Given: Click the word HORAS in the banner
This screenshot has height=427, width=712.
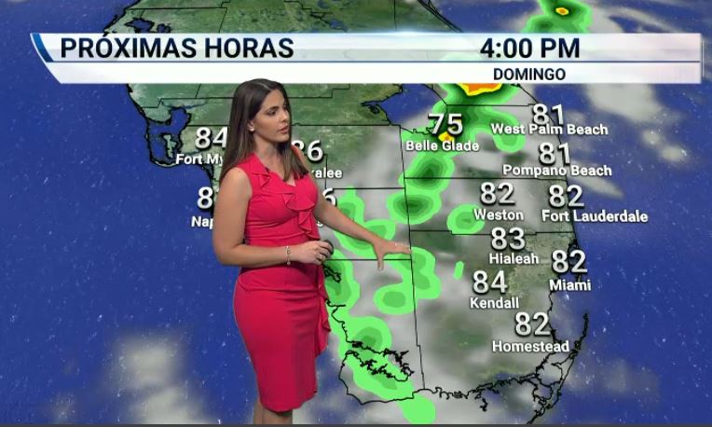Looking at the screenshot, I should [247, 48].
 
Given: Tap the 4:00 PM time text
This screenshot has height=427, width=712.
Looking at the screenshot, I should [529, 48].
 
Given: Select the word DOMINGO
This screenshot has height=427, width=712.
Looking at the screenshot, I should [529, 74].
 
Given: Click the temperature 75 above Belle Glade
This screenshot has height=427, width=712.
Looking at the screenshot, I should [445, 124].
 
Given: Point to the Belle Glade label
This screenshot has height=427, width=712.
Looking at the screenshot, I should [442, 145].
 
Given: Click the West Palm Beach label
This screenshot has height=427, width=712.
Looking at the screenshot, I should [549, 130].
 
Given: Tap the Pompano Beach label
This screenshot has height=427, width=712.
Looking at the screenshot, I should [557, 171].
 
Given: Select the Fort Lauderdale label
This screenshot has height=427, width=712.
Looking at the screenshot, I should [595, 216].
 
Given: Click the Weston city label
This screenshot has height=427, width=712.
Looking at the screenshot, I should [499, 214].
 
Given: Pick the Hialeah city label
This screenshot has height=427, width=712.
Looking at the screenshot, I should [513, 257].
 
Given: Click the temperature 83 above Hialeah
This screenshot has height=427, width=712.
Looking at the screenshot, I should [508, 239].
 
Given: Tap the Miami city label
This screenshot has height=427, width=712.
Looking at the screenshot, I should [569, 284].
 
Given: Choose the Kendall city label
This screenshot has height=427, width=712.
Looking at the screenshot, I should [493, 303].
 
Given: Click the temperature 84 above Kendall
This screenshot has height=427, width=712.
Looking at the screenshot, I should [490, 282].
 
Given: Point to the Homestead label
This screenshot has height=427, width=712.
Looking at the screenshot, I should [530, 347].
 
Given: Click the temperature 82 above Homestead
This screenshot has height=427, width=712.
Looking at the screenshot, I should [532, 324].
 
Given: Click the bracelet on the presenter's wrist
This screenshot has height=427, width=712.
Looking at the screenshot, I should [289, 255].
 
